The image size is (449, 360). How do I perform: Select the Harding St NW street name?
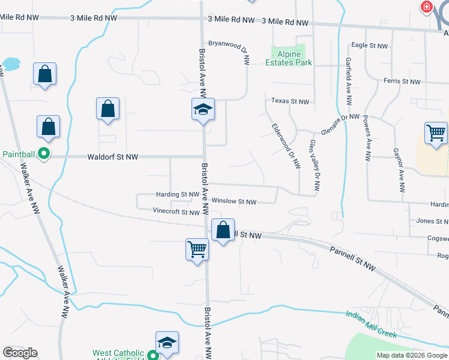[x=177, y=194]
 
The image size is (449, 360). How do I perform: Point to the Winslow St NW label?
[x=234, y=202]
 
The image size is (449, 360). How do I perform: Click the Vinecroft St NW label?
[x=176, y=212]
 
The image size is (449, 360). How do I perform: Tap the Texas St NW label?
[x=290, y=101]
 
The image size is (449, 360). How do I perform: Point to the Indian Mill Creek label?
[x=372, y=323]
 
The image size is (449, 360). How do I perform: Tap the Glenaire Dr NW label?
[x=340, y=124]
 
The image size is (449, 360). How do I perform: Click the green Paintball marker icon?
[x=43, y=154]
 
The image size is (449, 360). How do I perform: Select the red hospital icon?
[x=427, y=7]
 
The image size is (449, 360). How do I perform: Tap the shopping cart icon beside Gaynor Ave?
[x=436, y=131]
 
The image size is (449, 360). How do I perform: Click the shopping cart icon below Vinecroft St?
[x=197, y=248]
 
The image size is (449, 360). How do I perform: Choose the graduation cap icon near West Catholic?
[x=167, y=342]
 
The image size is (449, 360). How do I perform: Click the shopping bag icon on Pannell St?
[x=223, y=229]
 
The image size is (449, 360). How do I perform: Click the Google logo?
[x=20, y=353]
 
